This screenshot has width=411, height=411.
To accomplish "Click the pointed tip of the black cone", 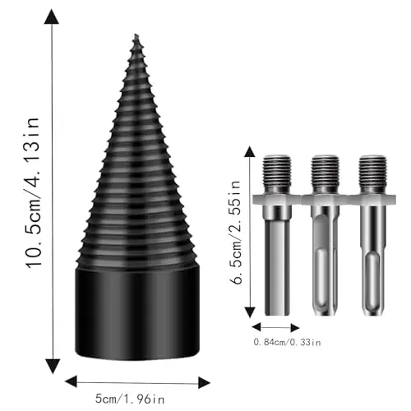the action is pos(136,35).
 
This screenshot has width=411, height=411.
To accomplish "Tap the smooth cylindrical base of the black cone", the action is pos(137,312).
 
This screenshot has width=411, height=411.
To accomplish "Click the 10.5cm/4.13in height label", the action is pos(34,192).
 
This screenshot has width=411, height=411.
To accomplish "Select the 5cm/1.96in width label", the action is pos(130,399).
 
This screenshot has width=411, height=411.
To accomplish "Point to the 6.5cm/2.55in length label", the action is pos(235,232).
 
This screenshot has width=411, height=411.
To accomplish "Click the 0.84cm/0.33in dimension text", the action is pos(287,342).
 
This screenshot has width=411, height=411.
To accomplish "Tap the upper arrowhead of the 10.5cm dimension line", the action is pos(52,16).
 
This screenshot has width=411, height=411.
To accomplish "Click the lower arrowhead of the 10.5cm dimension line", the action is pos(52,367).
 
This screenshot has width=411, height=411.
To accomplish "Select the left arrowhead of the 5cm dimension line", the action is pos(72,381).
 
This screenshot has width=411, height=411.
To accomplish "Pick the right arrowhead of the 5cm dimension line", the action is pos(204,382).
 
